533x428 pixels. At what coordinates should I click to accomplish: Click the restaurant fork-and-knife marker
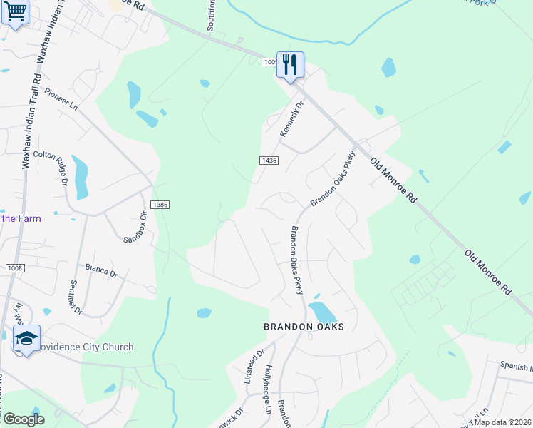click(290, 65)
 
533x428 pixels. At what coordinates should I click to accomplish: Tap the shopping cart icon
click(16, 11)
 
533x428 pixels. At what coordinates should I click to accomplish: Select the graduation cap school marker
click(26, 339)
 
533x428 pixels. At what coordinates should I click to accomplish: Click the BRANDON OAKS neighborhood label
click(304, 327)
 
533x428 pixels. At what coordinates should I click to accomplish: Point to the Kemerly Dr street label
click(292, 118)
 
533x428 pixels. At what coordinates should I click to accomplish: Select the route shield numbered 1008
click(15, 268)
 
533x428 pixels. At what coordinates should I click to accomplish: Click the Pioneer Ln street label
click(61, 98)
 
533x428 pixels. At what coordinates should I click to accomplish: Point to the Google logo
click(24, 419)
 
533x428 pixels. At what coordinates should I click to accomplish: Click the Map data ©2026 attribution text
click(502, 422)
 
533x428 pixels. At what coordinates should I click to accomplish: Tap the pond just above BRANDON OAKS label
click(323, 312)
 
